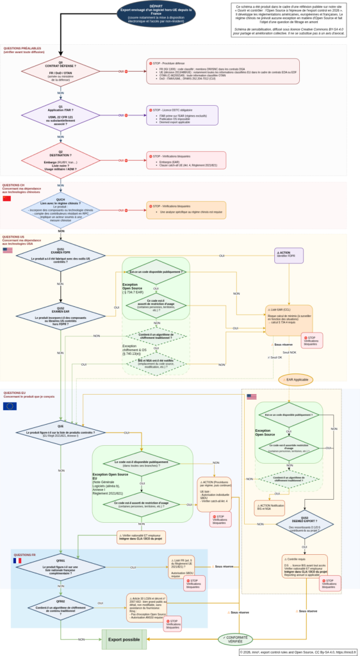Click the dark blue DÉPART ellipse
pos(156,13)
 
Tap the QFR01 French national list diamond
pos(60,568)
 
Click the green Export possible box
pos(124,639)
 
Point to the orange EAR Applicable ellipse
pos(296,380)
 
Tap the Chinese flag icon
pos(8,199)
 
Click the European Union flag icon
pos(10,406)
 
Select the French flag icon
pos(17,561)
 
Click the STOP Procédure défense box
pos(222,71)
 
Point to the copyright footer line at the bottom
pos(297,652)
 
